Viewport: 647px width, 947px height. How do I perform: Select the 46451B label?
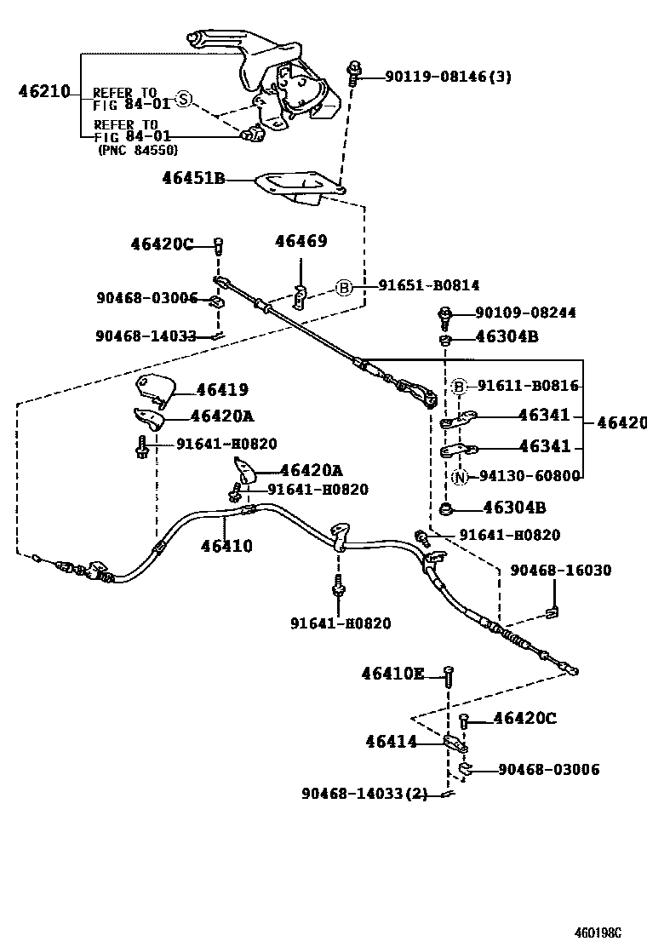(x=193, y=178)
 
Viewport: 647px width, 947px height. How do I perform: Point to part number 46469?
(x=301, y=242)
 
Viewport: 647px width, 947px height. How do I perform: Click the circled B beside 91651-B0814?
(x=343, y=287)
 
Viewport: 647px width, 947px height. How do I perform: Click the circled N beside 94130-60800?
(x=460, y=477)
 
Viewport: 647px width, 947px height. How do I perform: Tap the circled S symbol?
(x=183, y=100)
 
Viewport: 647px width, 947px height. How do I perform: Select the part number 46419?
(x=222, y=390)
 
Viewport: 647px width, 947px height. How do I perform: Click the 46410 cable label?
(x=226, y=546)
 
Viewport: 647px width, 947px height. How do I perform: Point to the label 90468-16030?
(x=560, y=570)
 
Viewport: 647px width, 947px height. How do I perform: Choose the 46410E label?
(x=392, y=674)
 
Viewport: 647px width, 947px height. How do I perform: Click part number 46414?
(x=392, y=742)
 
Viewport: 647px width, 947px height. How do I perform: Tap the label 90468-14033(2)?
(x=364, y=794)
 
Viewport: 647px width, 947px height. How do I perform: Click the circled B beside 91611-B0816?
(x=459, y=387)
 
